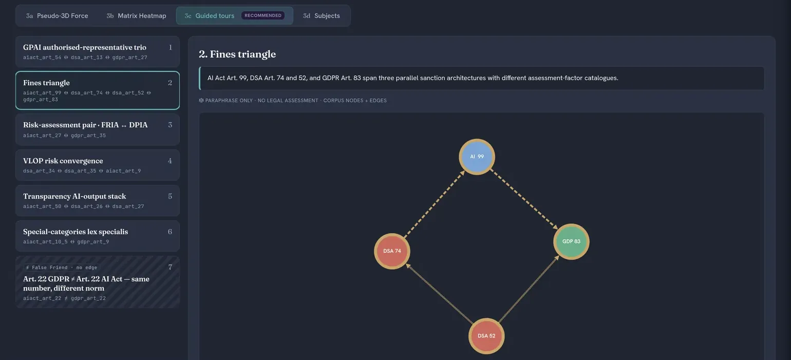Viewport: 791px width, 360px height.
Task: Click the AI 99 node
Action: (477, 157)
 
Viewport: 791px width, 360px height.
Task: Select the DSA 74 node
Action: (392, 251)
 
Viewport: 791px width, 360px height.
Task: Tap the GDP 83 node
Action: (571, 241)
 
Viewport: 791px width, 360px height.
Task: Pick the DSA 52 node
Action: (486, 336)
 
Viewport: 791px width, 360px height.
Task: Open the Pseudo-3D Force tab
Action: (57, 15)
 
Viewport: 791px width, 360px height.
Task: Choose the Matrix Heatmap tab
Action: (136, 15)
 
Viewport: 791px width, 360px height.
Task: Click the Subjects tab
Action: (322, 15)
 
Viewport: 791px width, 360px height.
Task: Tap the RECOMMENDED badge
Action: (263, 15)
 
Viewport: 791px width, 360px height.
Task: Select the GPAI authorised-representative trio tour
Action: (98, 51)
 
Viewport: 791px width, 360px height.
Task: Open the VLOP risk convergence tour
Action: (98, 165)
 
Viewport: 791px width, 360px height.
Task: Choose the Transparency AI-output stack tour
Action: (98, 200)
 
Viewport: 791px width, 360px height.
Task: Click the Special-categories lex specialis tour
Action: (98, 236)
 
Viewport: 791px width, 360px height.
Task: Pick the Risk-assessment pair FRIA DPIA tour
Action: (98, 129)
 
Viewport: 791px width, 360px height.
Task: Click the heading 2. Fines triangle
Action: (237, 54)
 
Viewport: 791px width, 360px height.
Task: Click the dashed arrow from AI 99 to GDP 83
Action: (524, 199)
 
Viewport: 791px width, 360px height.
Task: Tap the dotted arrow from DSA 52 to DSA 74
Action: (439, 293)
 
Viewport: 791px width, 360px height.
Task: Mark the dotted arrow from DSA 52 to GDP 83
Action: (529, 289)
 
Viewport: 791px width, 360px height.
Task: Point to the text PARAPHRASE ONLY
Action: (229, 101)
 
